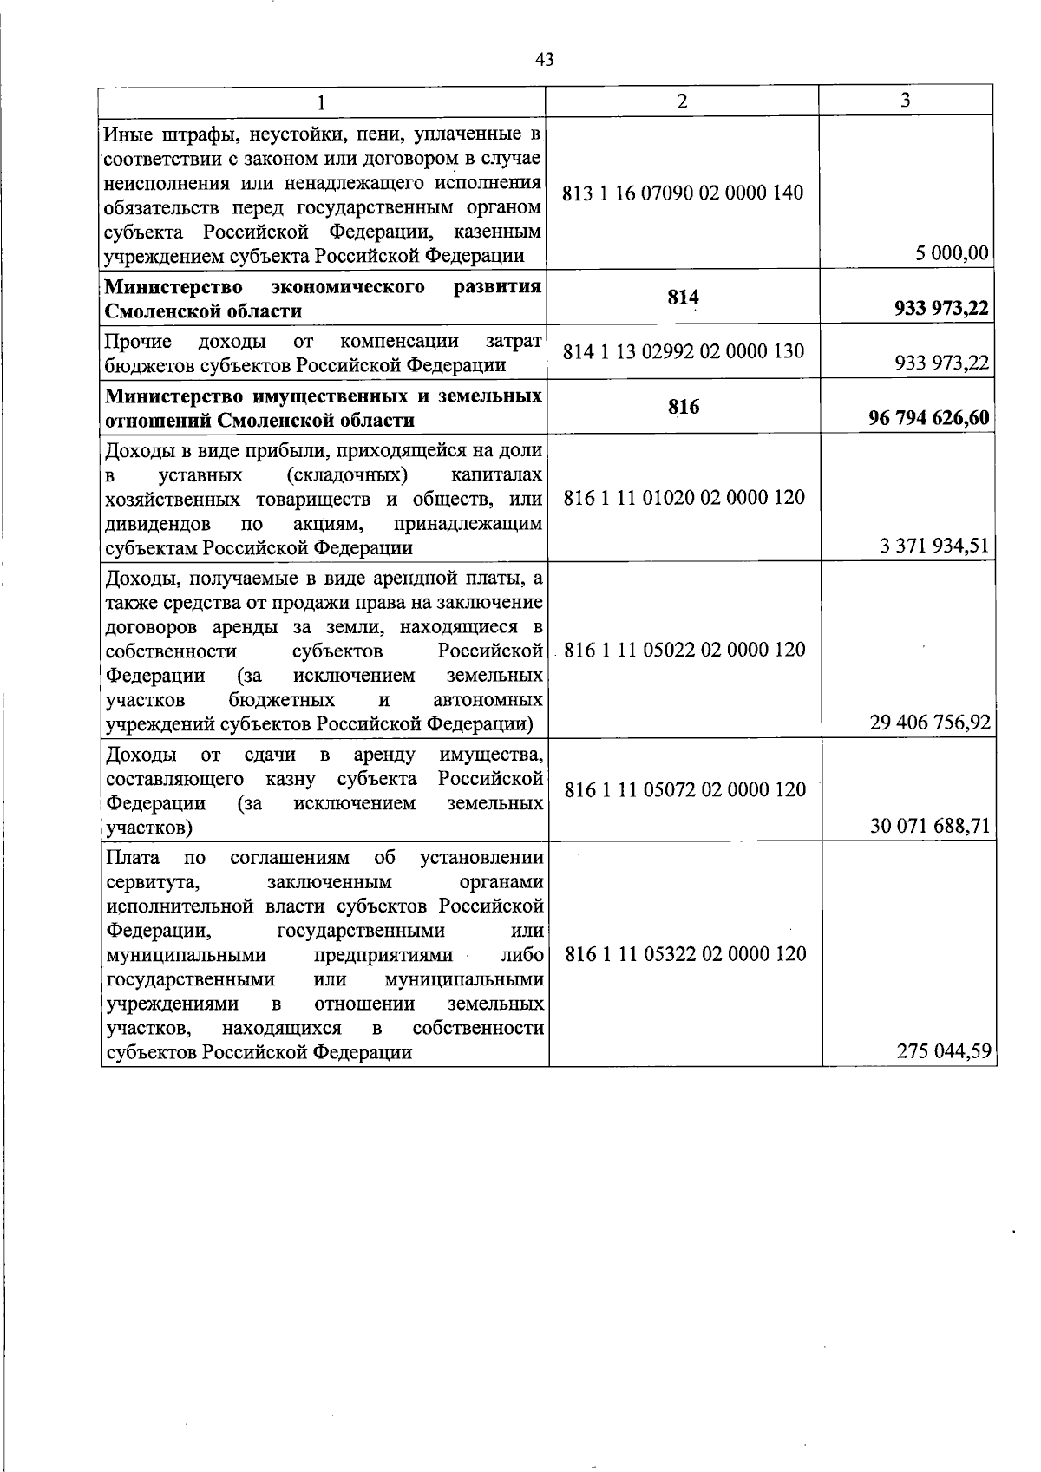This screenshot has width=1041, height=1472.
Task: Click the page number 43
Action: [545, 59]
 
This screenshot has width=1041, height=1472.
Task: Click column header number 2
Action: [682, 101]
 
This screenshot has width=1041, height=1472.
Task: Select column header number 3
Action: [905, 101]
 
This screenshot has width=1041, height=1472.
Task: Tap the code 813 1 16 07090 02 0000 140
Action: [684, 193]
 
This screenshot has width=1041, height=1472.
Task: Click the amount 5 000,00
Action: [952, 253]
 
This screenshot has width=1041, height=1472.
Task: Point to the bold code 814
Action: [684, 298]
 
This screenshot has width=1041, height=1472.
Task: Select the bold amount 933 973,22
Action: [941, 309]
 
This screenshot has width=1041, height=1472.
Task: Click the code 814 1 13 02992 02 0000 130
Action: [684, 351]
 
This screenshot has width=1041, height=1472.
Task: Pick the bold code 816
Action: [684, 407]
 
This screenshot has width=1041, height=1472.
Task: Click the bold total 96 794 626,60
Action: [929, 419]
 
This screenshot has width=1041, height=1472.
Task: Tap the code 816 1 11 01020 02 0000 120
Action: [684, 498]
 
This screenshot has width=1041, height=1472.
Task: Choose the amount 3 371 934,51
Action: [934, 546]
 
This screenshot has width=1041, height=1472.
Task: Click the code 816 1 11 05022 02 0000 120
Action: [684, 650]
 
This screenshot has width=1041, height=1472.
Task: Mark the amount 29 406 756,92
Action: [930, 723]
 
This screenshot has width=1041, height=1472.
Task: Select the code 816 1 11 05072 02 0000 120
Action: [685, 789]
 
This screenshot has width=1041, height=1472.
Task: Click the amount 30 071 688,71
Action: [930, 826]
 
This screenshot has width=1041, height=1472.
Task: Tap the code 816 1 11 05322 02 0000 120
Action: [685, 954]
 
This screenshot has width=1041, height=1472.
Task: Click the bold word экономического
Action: [347, 286]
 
